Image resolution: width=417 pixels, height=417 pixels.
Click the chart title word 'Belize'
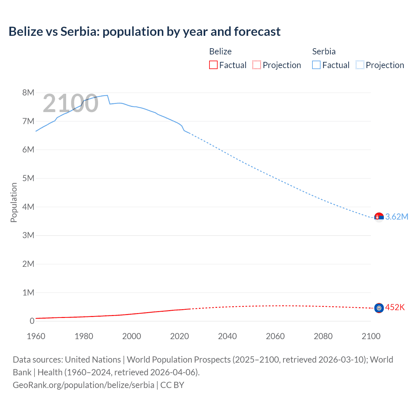point(25,32)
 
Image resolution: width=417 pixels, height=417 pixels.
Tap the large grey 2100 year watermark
point(70,103)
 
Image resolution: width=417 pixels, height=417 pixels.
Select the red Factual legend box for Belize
point(213,65)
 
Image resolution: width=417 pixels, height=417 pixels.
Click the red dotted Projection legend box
point(257,65)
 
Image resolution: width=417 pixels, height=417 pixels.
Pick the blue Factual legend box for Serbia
point(316,65)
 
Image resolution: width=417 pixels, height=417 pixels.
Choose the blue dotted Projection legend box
point(360,65)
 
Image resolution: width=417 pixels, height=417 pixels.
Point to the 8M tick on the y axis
point(28,93)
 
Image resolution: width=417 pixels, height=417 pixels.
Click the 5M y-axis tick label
point(28,178)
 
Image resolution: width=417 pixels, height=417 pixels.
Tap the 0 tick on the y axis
point(32,321)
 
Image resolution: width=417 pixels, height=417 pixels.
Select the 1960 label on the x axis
point(36,336)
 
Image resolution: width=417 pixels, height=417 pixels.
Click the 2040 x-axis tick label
point(227,336)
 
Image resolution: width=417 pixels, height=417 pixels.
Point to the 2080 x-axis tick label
point(323,336)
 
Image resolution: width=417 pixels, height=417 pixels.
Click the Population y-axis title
point(14,202)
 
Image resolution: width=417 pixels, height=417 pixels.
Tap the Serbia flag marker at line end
point(379,217)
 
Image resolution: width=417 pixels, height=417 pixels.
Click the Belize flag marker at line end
point(379,308)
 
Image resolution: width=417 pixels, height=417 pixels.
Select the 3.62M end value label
point(396,217)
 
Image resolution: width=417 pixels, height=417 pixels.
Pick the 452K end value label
point(395,308)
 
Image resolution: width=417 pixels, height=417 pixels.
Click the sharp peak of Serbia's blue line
point(107,95)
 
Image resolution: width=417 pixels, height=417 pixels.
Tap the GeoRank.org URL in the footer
point(83,385)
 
